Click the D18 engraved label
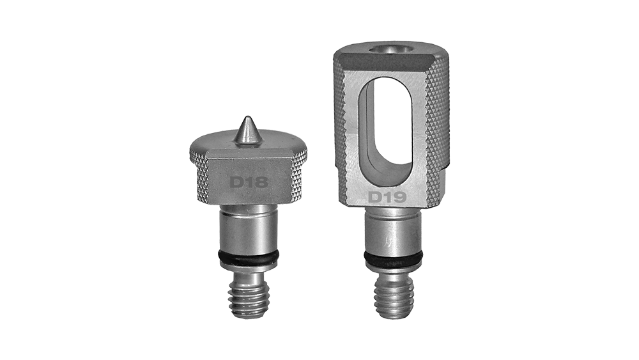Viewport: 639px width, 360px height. pos(249,182)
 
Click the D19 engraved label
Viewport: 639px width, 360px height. pos(387,198)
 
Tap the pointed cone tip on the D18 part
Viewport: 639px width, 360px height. pos(246,118)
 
